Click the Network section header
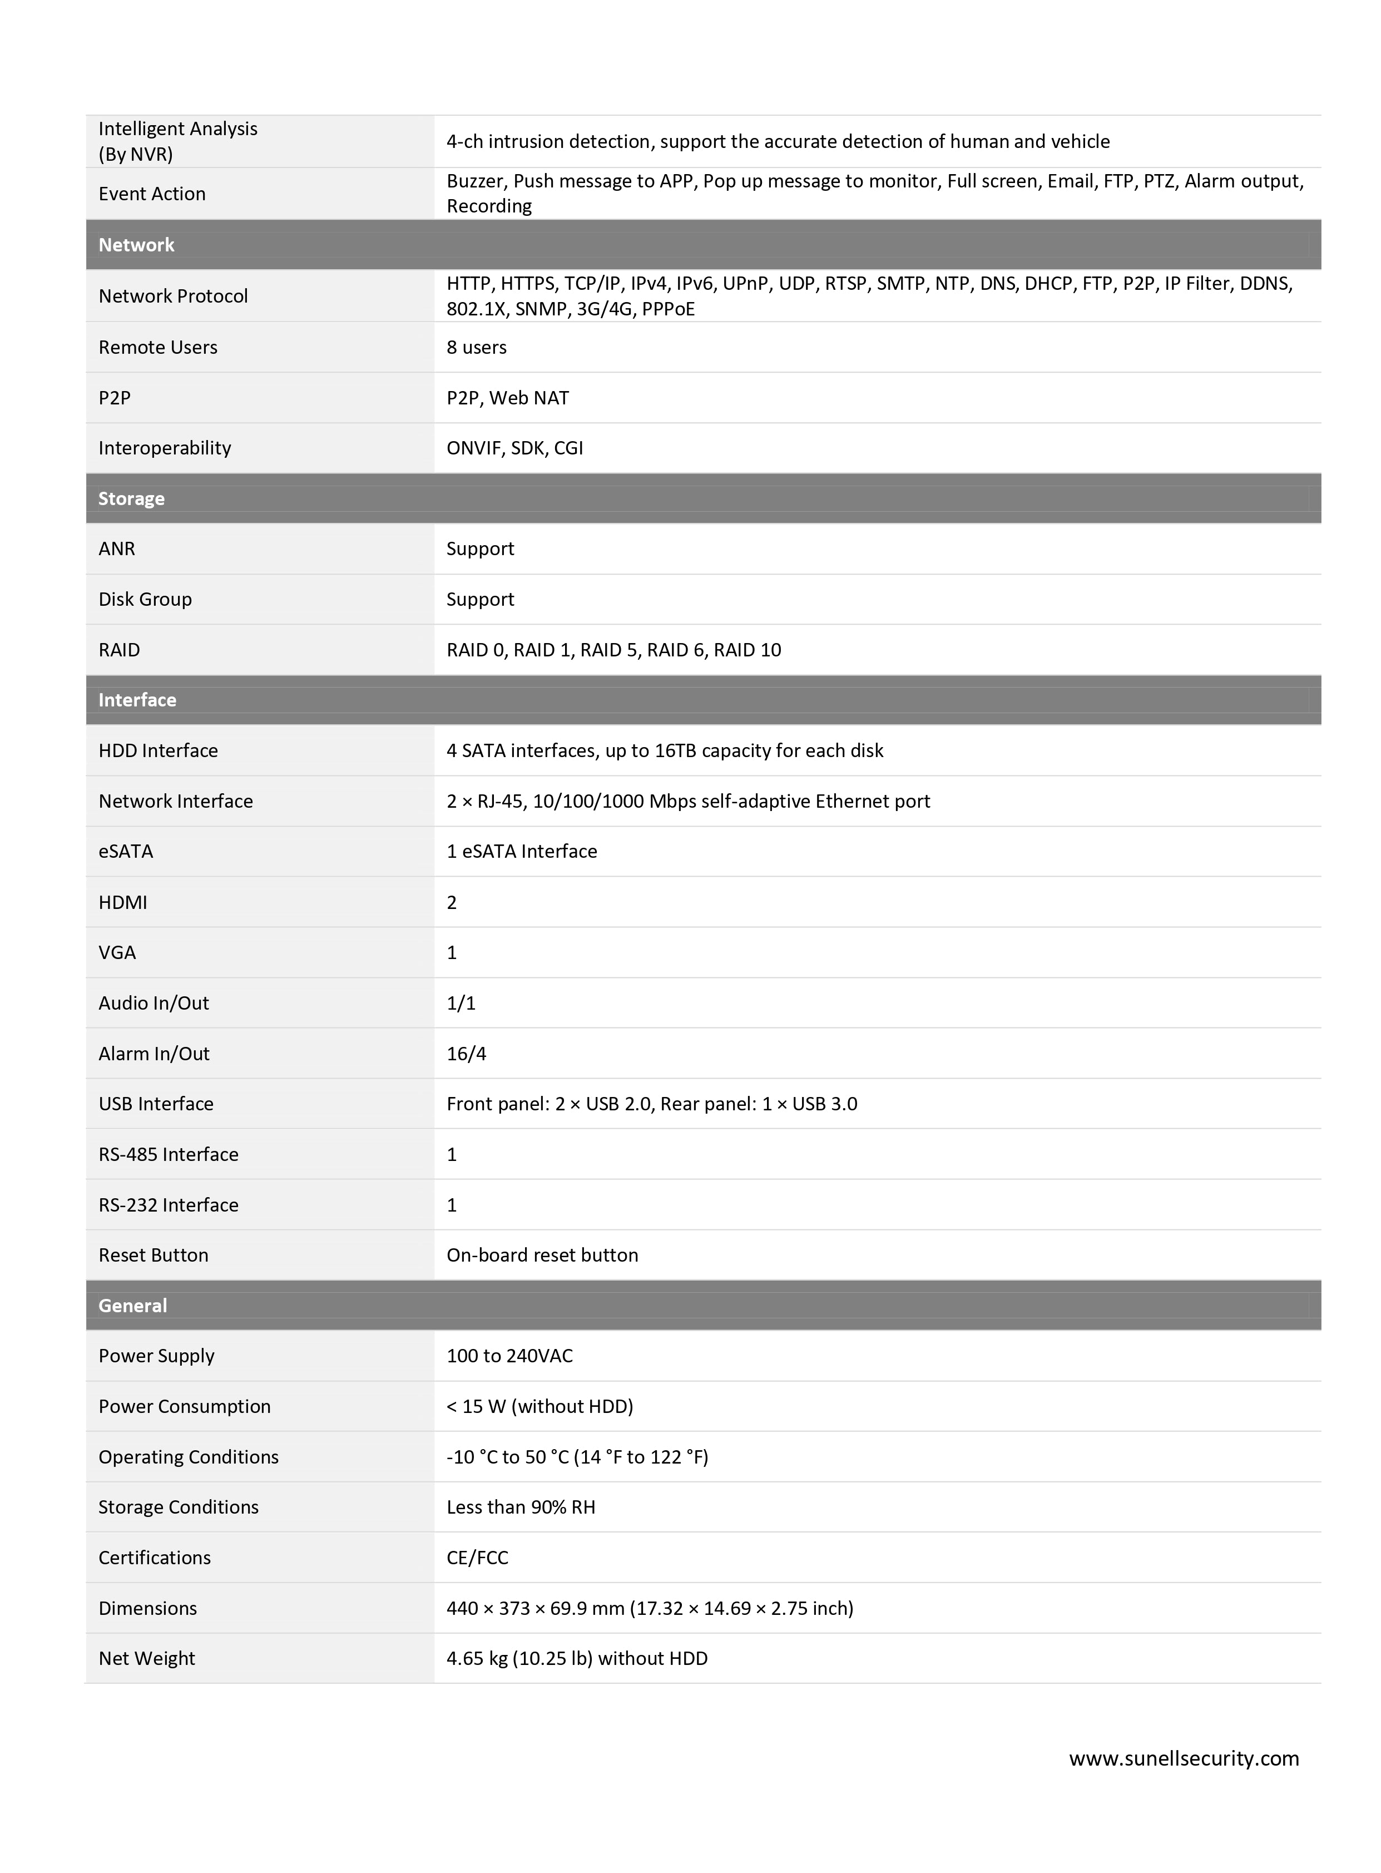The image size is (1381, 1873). click(136, 245)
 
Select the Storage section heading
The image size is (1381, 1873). click(131, 498)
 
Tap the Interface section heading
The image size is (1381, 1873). click(137, 700)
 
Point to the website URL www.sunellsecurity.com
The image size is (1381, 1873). click(1184, 1758)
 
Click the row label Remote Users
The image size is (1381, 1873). click(158, 347)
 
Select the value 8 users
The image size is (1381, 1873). click(477, 347)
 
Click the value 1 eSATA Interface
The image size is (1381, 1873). click(522, 851)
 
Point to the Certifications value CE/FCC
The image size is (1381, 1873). click(477, 1558)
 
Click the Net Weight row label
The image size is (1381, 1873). click(146, 1658)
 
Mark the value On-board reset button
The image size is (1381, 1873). click(542, 1255)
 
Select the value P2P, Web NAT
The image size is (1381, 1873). click(507, 398)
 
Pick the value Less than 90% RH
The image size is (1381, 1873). click(521, 1507)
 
